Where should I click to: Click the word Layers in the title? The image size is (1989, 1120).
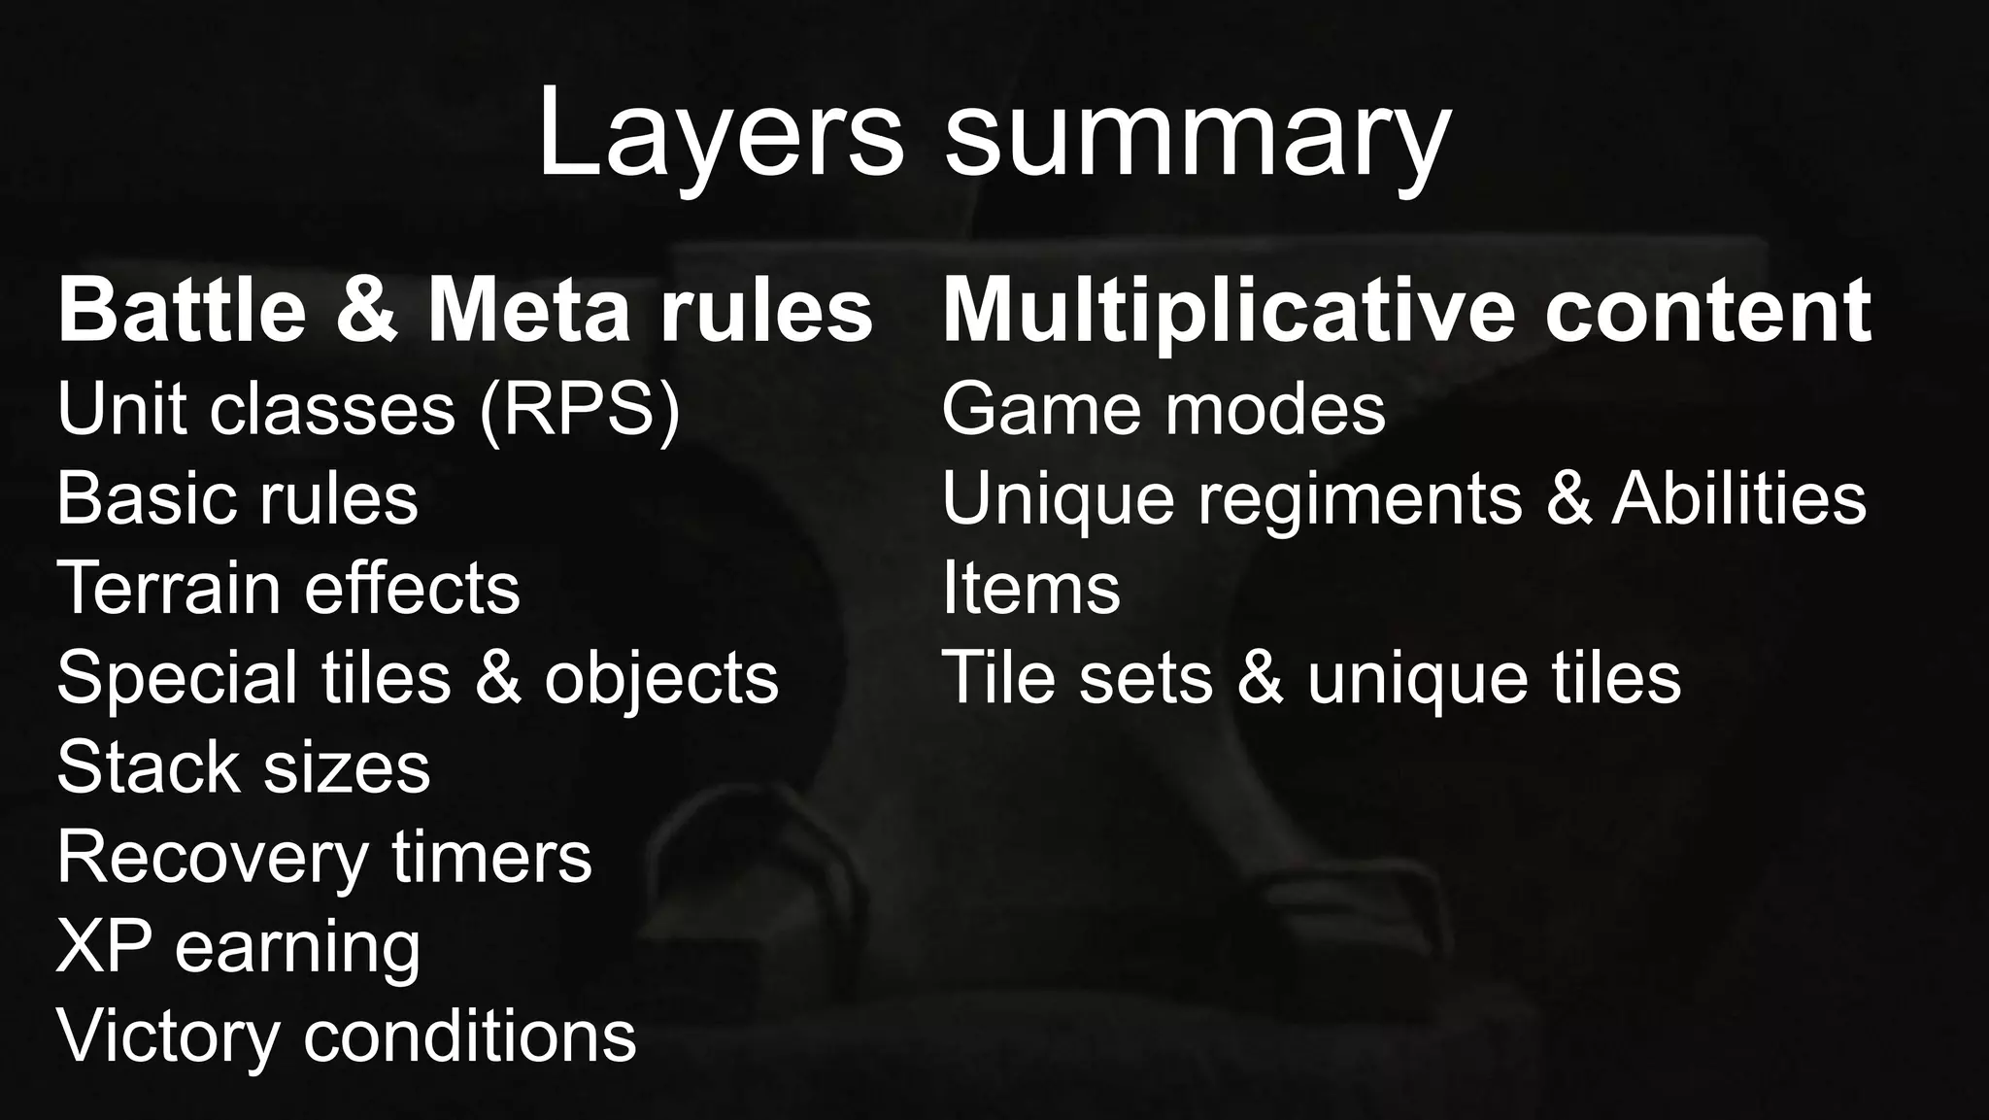pyautogui.click(x=720, y=133)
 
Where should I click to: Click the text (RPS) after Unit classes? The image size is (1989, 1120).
pyautogui.click(x=580, y=409)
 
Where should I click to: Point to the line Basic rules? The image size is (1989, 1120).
pyautogui.click(x=238, y=498)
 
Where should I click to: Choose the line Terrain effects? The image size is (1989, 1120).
pyautogui.click(x=288, y=588)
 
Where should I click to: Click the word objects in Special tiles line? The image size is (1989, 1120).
pyautogui.click(x=661, y=679)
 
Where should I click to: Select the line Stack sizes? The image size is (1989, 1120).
pyautogui.click(x=243, y=767)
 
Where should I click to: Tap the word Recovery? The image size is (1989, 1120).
pyautogui.click(x=213, y=858)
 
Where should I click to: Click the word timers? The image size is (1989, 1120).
pyautogui.click(x=491, y=857)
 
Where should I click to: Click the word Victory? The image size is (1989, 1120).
pyautogui.click(x=168, y=1035)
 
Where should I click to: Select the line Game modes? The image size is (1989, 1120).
pyautogui.click(x=1163, y=409)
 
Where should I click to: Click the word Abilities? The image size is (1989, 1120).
pyautogui.click(x=1738, y=498)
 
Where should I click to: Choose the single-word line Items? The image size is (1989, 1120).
pyautogui.click(x=1030, y=588)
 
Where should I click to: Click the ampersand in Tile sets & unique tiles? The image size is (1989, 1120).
pyautogui.click(x=1260, y=677)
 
